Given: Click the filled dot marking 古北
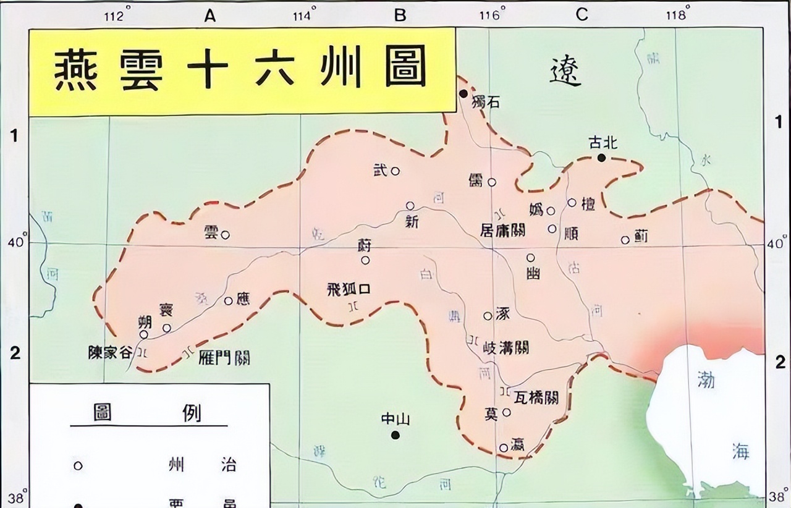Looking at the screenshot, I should pyautogui.click(x=601, y=158).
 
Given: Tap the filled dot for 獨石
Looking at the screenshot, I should pyautogui.click(x=463, y=93).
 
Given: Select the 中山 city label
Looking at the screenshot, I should pyautogui.click(x=395, y=420).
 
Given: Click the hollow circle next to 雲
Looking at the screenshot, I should pyautogui.click(x=226, y=235).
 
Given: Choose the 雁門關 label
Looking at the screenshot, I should pyautogui.click(x=225, y=357).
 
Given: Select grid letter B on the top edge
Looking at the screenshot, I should pyautogui.click(x=400, y=15).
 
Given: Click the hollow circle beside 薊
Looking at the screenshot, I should pyautogui.click(x=625, y=240).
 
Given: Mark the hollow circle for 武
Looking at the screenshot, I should pyautogui.click(x=395, y=171).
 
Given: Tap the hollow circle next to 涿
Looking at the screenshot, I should pyautogui.click(x=488, y=316).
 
